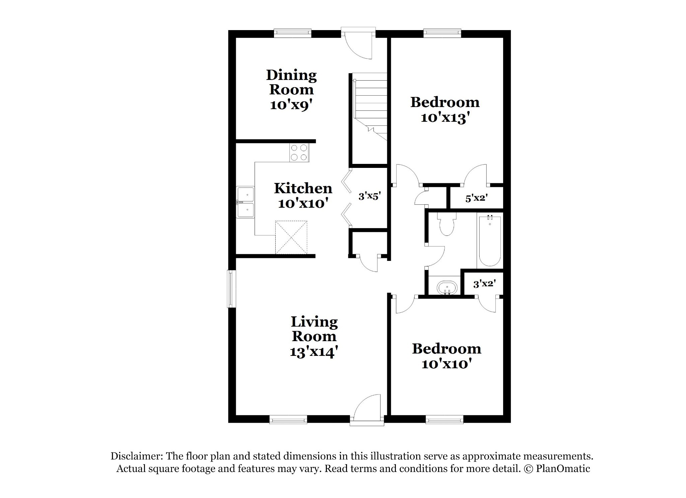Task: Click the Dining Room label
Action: [291, 83]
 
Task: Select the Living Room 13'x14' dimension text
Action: [314, 352]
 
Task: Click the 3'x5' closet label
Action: [370, 196]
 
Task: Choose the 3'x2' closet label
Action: [484, 284]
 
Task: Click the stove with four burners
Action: [65, 153]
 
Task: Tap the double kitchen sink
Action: [245, 202]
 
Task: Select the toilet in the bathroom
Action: [446, 224]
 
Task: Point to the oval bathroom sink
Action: [447, 288]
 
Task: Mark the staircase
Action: [369, 107]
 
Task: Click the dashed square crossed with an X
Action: [291, 237]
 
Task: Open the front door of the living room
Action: [367, 410]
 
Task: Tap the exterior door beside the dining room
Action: [358, 43]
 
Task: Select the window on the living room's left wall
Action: [231, 289]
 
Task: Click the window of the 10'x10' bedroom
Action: [444, 420]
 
